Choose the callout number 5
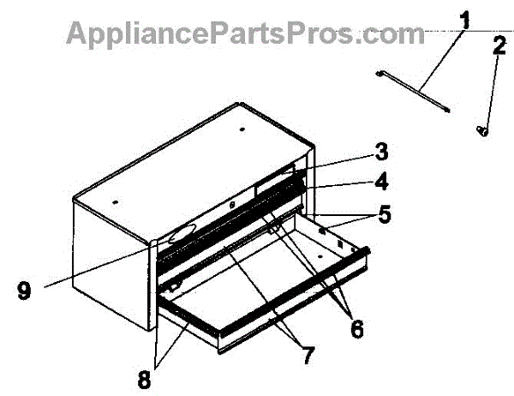coord(384,215)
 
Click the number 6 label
coord(352,329)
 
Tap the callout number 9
coord(25,291)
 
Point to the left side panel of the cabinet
coord(111,257)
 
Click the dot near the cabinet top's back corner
coord(242,130)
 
